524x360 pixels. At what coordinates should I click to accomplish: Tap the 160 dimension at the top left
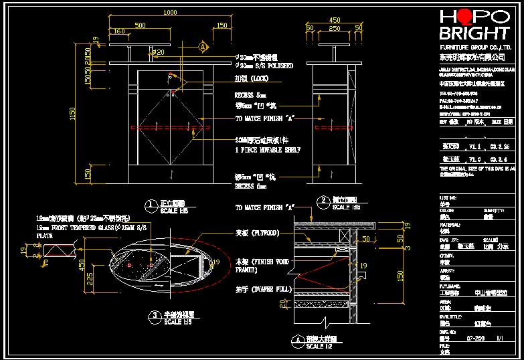tap(119, 31)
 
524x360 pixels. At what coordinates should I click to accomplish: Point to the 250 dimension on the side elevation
tap(335, 28)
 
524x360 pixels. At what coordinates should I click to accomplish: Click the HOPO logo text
tap(473, 17)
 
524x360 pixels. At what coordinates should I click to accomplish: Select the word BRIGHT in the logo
tap(473, 34)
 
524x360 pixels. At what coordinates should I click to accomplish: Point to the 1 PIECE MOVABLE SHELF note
tap(267, 151)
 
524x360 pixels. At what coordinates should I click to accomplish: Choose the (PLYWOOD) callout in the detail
tap(257, 234)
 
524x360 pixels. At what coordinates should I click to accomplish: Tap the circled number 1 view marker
tap(151, 203)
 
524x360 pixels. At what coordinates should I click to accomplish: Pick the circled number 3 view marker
tap(155, 314)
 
